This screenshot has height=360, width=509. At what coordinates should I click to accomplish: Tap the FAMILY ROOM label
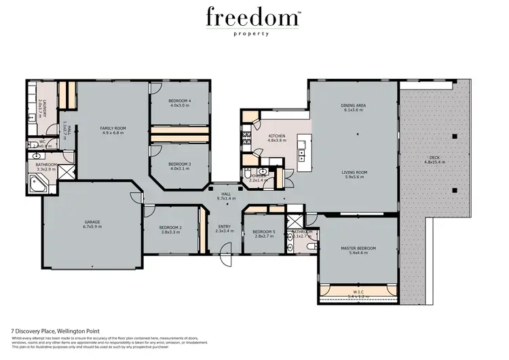pyautogui.click(x=114, y=128)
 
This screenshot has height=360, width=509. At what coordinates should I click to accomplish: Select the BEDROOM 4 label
pyautogui.click(x=180, y=101)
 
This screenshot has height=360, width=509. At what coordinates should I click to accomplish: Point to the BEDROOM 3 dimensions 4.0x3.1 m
pyautogui.click(x=180, y=169)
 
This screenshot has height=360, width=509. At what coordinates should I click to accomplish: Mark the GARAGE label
pyautogui.click(x=92, y=221)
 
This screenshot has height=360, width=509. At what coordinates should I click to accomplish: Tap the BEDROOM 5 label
pyautogui.click(x=263, y=232)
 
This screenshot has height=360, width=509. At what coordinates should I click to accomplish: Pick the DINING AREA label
pyautogui.click(x=353, y=105)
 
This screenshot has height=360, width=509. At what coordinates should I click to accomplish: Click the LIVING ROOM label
pyautogui.click(x=354, y=173)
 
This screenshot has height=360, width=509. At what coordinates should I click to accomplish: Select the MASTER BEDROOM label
pyautogui.click(x=358, y=248)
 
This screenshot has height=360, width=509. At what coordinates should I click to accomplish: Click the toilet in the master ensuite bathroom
pyautogui.click(x=310, y=246)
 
